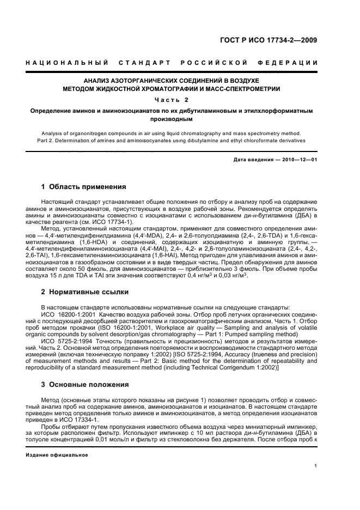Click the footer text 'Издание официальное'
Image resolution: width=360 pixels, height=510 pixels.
57,454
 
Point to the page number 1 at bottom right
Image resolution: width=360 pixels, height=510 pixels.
316,466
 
